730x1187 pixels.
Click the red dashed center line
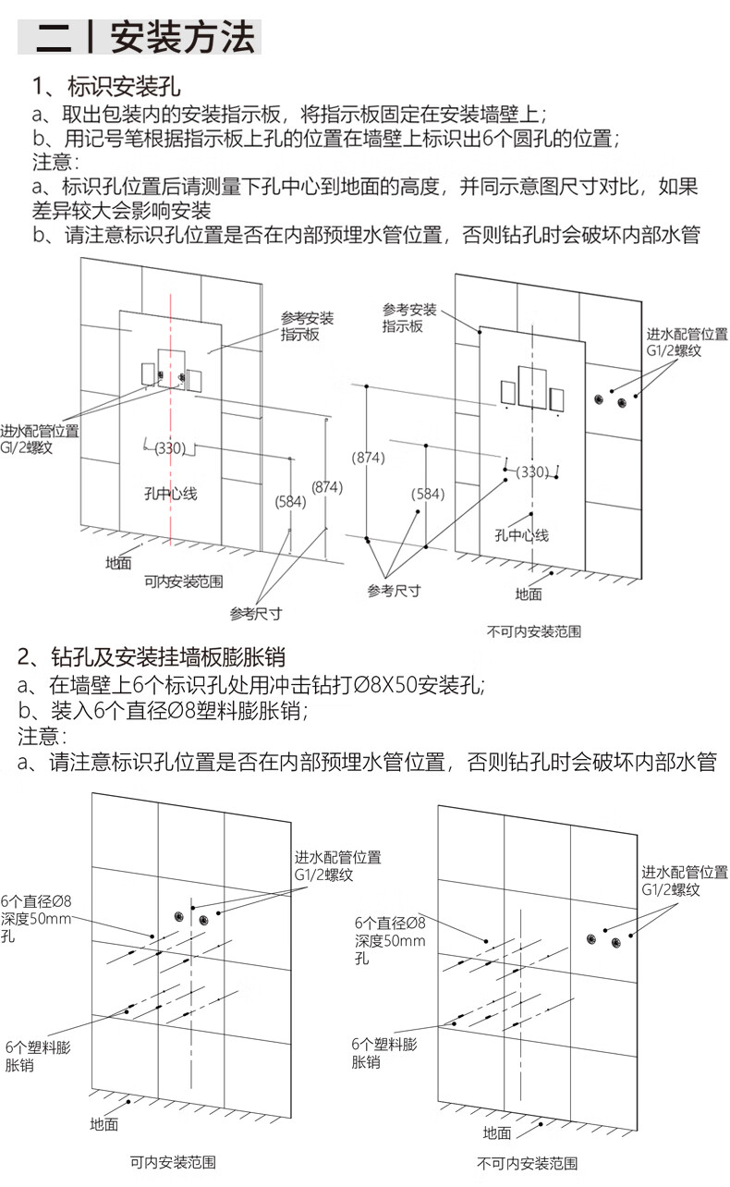click(172, 444)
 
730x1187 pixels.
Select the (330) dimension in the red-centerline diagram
click(170, 448)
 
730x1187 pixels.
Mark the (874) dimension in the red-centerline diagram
click(326, 487)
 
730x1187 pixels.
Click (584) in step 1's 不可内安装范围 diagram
click(428, 494)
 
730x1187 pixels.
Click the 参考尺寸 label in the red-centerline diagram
click(256, 614)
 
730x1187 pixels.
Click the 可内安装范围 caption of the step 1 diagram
click(184, 581)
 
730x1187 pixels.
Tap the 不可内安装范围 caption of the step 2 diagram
click(528, 1163)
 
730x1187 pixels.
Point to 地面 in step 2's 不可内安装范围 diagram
click(497, 1132)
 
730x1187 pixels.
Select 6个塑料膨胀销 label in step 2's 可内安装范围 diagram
click(37, 1057)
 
